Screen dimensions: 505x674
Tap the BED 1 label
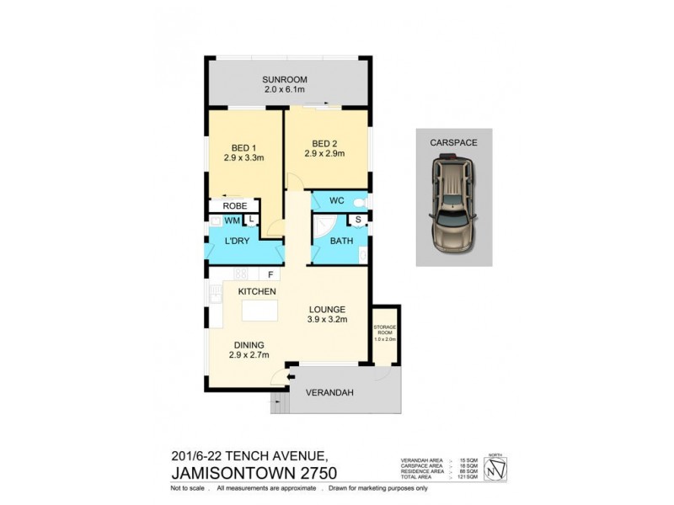pos(244,146)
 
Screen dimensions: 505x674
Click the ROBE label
pos(233,205)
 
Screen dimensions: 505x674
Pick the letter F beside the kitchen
pos(270,274)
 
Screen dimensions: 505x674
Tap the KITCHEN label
pos(257,290)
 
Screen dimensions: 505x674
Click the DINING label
pos(249,344)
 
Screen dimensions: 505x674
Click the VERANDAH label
pos(329,393)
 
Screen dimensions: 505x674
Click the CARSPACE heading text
pos(454,143)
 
